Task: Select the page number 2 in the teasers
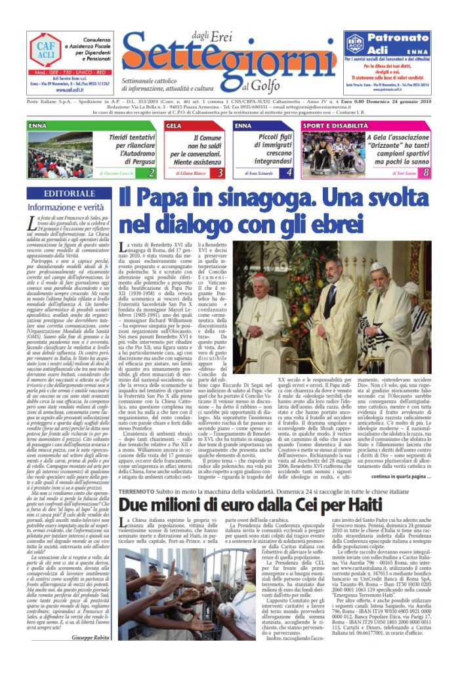152,173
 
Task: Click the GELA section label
174,125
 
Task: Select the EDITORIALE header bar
68,193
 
